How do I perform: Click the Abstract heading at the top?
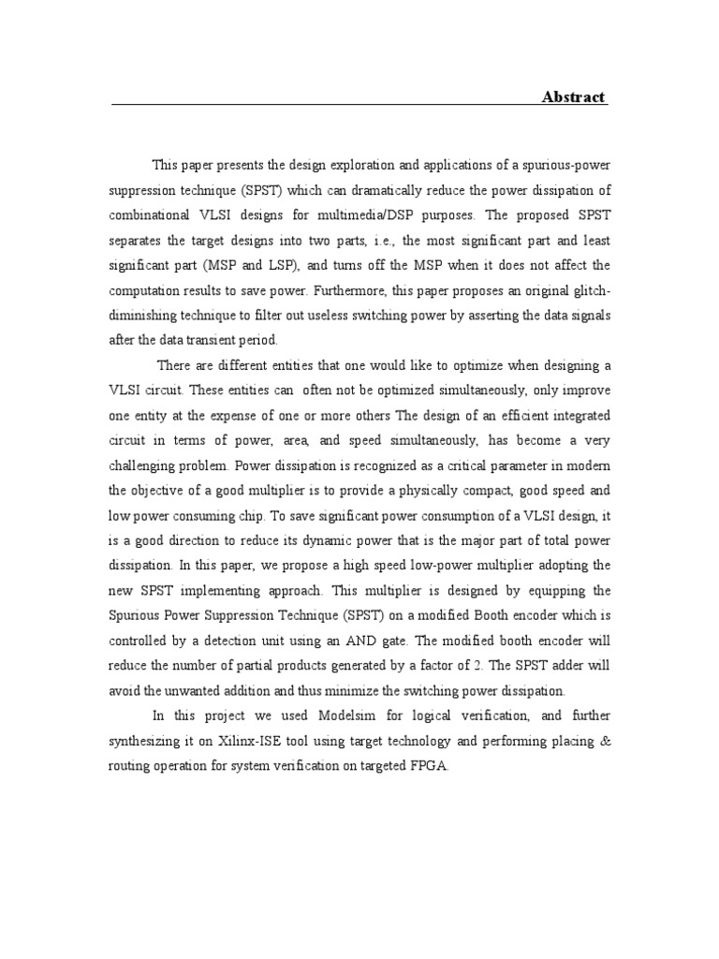574,97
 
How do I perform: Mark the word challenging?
148,461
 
